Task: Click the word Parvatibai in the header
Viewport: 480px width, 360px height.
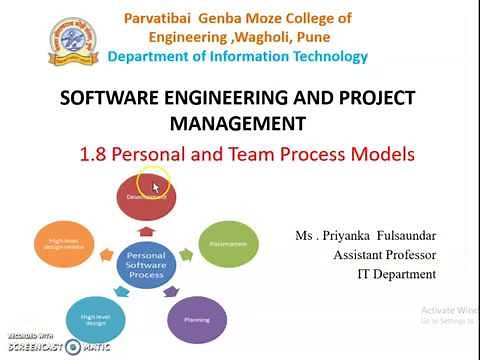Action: (159, 18)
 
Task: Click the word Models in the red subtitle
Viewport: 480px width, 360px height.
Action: (382, 155)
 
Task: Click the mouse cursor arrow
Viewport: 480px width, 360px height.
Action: (156, 186)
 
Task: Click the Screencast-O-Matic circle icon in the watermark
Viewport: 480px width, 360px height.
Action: (72, 347)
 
